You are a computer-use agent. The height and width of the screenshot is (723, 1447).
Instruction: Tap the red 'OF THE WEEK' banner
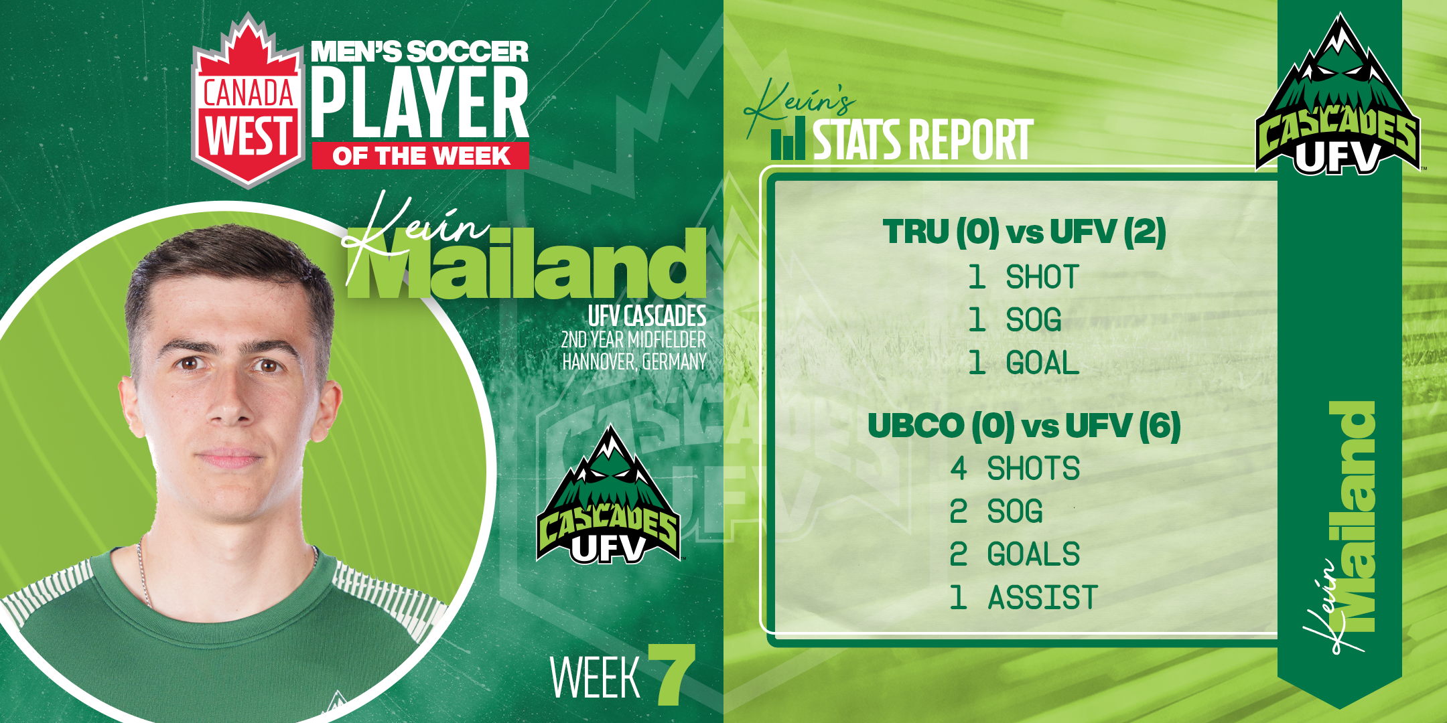420,156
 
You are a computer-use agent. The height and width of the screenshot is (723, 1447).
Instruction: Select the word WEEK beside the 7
595,677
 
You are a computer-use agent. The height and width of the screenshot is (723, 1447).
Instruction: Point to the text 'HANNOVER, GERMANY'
634,362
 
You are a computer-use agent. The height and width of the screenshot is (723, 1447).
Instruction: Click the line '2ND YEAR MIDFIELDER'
634,339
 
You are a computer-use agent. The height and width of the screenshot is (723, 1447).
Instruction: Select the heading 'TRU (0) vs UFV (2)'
1024,232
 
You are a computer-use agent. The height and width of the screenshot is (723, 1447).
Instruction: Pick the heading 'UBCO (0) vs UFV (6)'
1024,426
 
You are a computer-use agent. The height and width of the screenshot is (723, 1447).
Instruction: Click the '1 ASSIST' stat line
1023,597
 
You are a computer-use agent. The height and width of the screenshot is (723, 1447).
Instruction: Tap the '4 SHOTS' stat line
1014,468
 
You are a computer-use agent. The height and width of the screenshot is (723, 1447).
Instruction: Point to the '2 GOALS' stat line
1014,554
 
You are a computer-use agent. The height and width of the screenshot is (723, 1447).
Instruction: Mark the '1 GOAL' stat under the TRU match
1023,363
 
